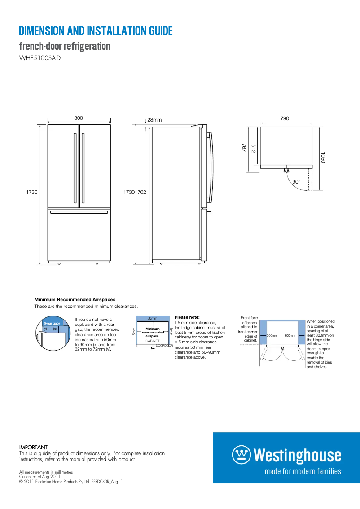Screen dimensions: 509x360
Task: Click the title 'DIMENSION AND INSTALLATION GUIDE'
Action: click(x=96, y=31)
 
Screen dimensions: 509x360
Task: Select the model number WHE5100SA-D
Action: click(x=40, y=58)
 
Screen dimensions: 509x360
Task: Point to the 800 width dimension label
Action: click(x=79, y=118)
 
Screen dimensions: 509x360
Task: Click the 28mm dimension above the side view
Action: click(x=154, y=120)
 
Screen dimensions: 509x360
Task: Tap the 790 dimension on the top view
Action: click(x=285, y=118)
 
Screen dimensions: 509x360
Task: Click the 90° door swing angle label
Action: click(x=296, y=182)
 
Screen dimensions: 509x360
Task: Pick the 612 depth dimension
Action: click(x=254, y=149)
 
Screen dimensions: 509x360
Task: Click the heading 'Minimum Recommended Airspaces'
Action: click(x=75, y=299)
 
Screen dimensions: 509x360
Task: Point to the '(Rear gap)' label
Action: click(x=52, y=323)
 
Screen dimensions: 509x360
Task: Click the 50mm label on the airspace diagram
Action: click(x=152, y=318)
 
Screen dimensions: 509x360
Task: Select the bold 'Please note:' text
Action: click(x=187, y=317)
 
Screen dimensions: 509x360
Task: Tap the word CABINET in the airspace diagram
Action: click(x=152, y=341)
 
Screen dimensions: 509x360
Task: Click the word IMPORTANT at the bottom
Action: click(x=33, y=448)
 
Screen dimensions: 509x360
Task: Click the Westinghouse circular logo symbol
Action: click(x=241, y=455)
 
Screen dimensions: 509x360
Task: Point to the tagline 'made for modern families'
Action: click(x=303, y=471)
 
